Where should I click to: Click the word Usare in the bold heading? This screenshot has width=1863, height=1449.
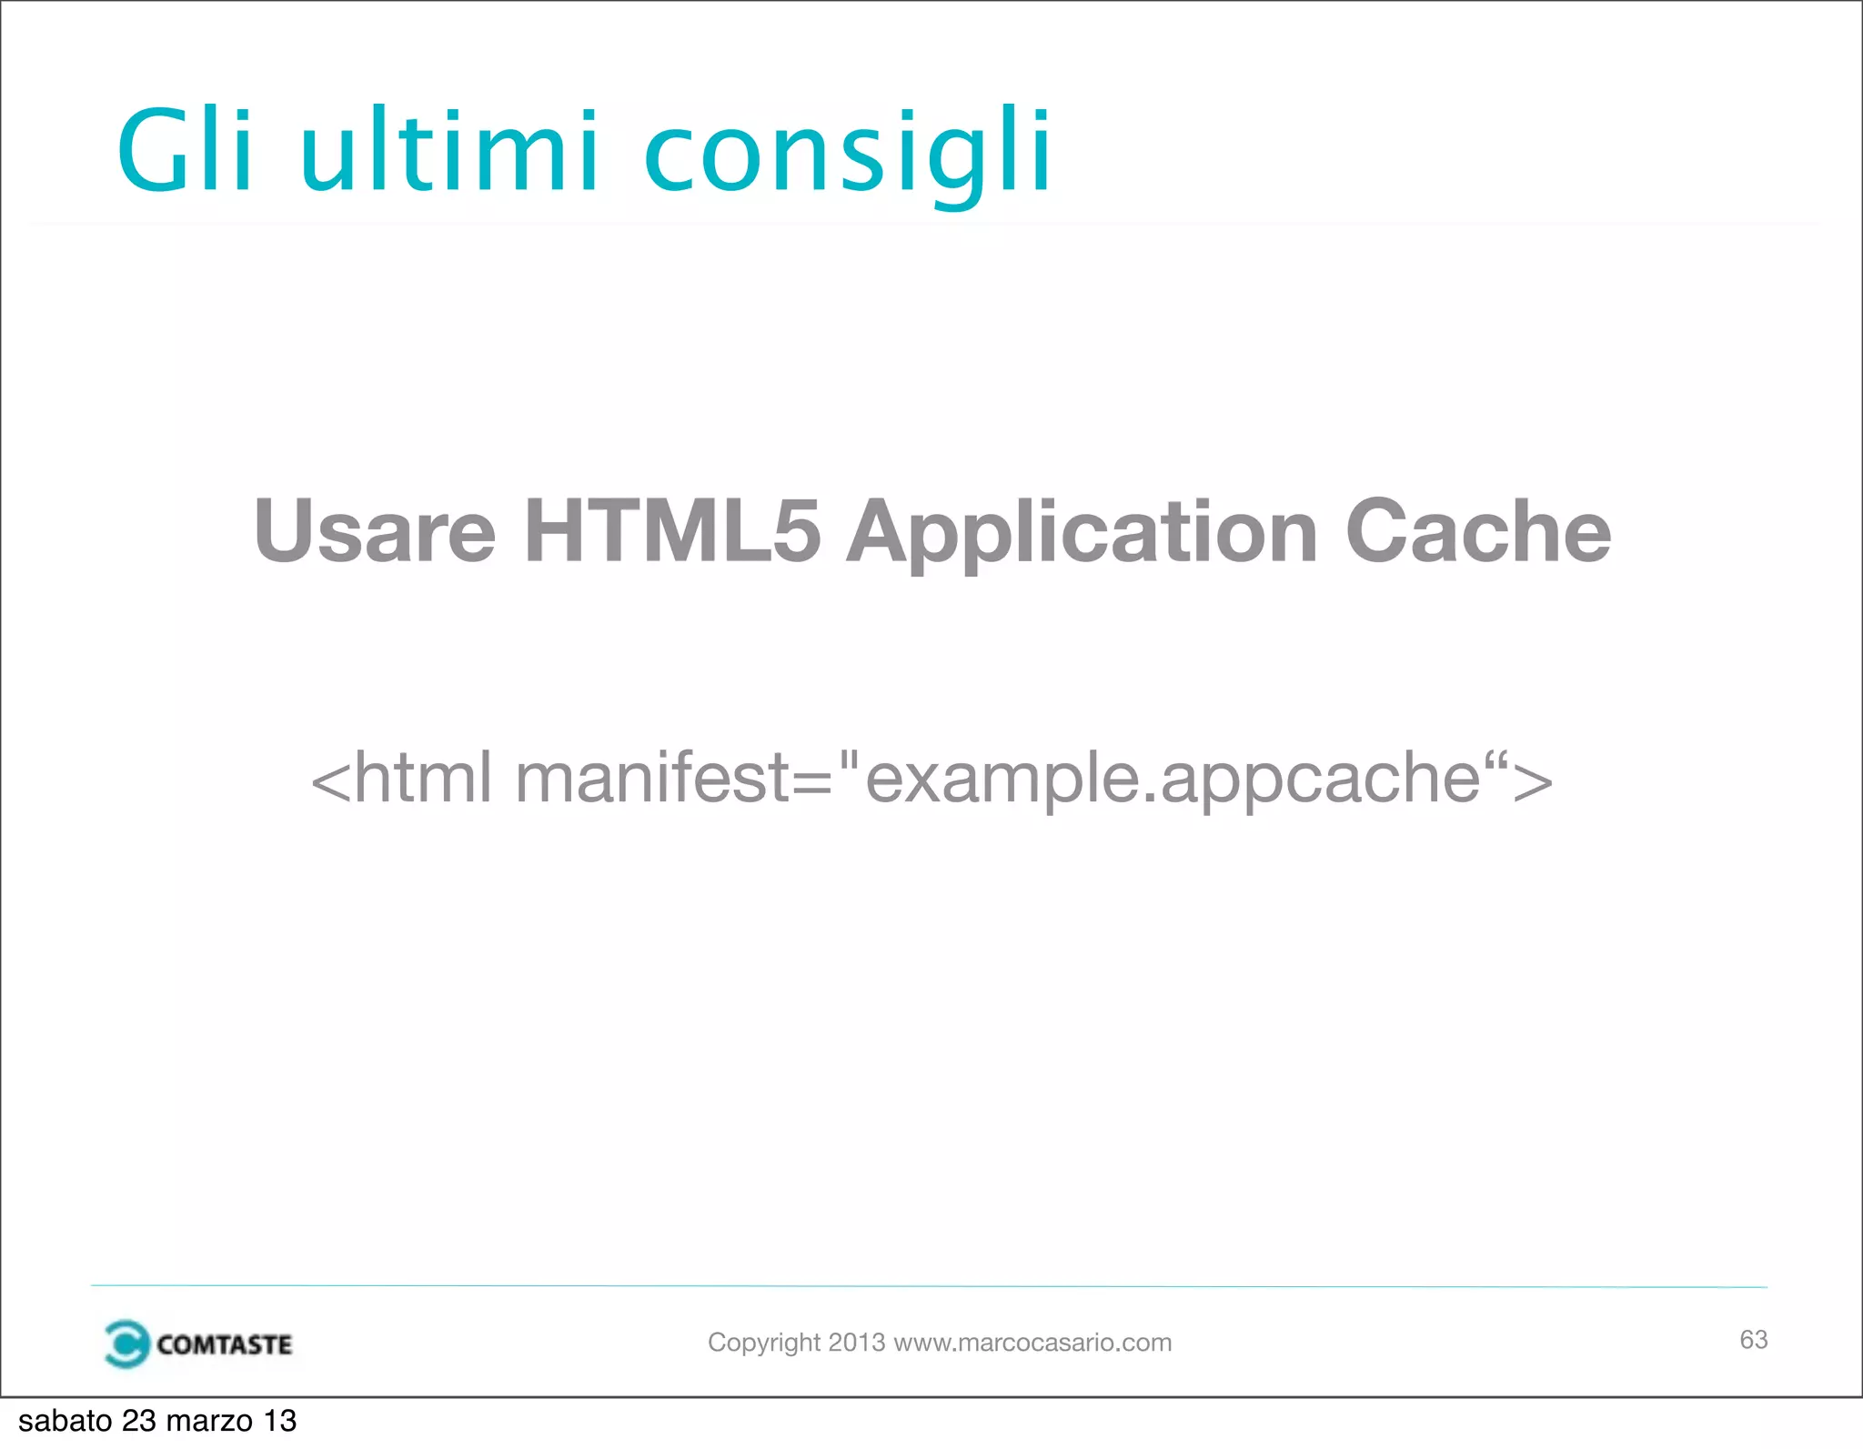click(375, 531)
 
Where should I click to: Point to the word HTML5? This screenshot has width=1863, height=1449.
click(672, 531)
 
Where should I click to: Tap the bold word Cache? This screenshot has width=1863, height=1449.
click(1477, 531)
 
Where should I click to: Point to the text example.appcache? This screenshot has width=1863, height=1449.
click(1173, 780)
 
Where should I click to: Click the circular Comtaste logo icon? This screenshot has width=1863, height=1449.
click(126, 1343)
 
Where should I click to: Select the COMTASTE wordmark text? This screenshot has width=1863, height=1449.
click(224, 1344)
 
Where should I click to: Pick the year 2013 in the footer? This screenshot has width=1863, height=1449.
click(856, 1343)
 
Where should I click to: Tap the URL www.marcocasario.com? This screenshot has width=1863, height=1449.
click(1032, 1343)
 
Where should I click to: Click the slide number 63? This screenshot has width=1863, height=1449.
click(1753, 1340)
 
